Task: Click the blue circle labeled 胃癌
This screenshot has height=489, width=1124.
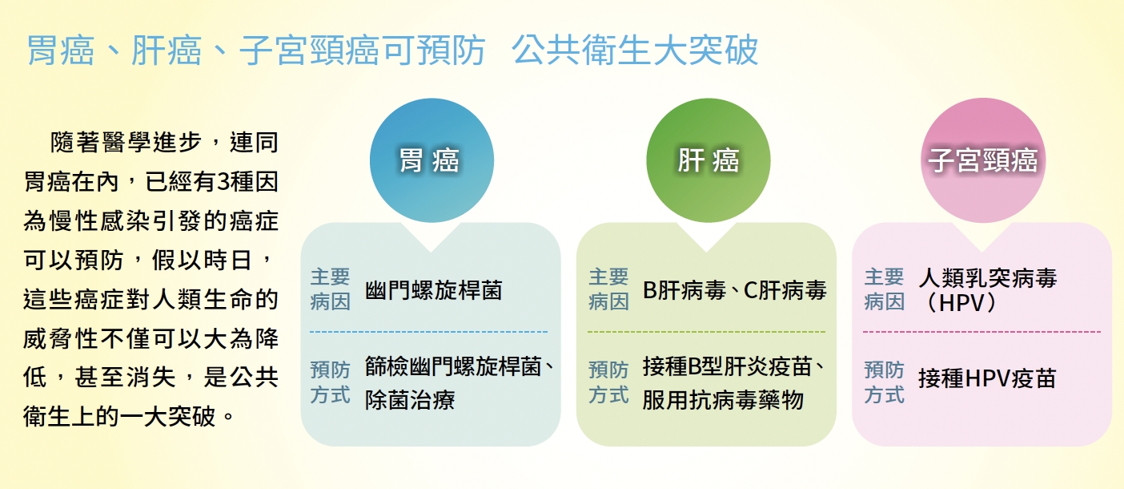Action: (x=432, y=160)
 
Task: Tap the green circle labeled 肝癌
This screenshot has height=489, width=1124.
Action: (x=708, y=160)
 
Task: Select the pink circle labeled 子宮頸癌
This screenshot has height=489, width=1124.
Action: (x=983, y=160)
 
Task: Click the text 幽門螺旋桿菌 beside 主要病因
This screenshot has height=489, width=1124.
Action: (x=434, y=290)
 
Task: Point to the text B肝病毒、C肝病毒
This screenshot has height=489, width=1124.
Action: (x=734, y=290)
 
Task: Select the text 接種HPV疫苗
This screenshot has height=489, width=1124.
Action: (x=987, y=378)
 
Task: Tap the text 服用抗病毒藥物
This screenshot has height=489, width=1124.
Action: (x=723, y=400)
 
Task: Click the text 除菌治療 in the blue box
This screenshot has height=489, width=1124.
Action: (x=410, y=400)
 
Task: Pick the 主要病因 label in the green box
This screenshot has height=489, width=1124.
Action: (x=608, y=289)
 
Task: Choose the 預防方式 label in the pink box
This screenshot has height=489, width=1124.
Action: (x=884, y=382)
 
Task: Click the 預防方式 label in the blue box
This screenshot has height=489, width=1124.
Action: (x=330, y=382)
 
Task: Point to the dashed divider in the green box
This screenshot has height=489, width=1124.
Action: (x=707, y=332)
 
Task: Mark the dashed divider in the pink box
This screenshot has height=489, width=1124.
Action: (x=982, y=332)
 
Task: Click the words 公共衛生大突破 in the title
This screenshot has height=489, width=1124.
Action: (x=635, y=51)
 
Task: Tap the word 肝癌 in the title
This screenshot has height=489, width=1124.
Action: (x=166, y=51)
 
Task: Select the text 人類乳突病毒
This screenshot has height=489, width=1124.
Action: (x=988, y=278)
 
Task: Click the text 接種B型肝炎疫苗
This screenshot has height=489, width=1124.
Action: (x=727, y=366)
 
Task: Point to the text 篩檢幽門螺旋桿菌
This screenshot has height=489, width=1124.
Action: (x=453, y=366)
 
